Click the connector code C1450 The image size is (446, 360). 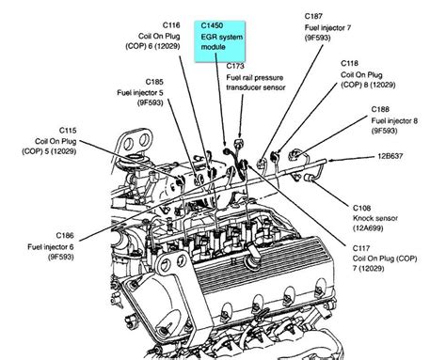(x=212, y=25)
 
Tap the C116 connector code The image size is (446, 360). (x=171, y=25)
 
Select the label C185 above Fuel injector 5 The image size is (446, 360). (x=154, y=82)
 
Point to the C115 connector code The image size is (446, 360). (x=68, y=131)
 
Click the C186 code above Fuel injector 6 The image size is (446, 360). (x=65, y=235)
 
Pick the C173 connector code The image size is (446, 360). (x=235, y=66)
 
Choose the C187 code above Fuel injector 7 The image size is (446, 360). (x=313, y=16)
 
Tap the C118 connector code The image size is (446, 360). (x=349, y=63)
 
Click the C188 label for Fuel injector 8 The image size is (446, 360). (x=380, y=109)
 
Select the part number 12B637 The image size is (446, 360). (x=390, y=156)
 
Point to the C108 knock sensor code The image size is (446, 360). (x=361, y=208)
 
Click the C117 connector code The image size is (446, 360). (x=361, y=248)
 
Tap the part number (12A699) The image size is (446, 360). (x=368, y=228)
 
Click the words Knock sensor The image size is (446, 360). (x=375, y=218)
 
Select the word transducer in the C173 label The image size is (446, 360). (x=244, y=87)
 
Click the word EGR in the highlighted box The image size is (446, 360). (x=208, y=37)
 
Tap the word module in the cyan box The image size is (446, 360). (x=214, y=47)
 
